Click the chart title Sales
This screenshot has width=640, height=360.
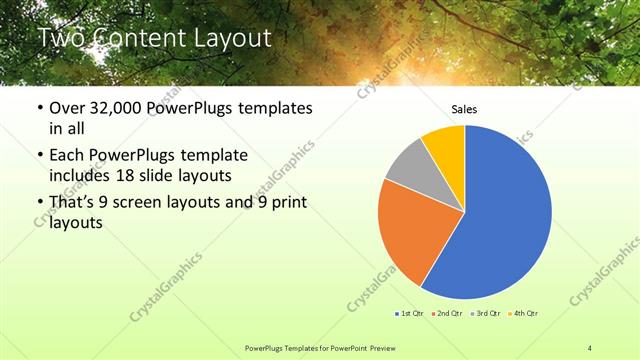point(464,109)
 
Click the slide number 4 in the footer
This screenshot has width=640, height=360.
point(590,346)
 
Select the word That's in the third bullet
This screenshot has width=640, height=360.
point(76,204)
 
